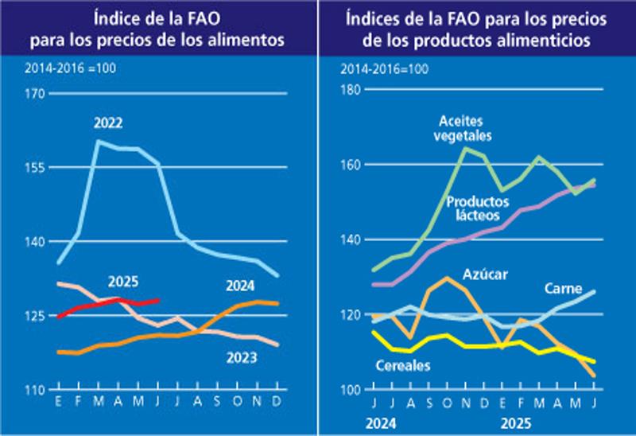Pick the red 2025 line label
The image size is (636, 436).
pyautogui.click(x=123, y=281)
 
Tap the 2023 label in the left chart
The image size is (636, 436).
pyautogui.click(x=240, y=358)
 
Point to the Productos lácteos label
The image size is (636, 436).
pyautogui.click(x=479, y=209)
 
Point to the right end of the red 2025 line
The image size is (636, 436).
pyautogui.click(x=160, y=300)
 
